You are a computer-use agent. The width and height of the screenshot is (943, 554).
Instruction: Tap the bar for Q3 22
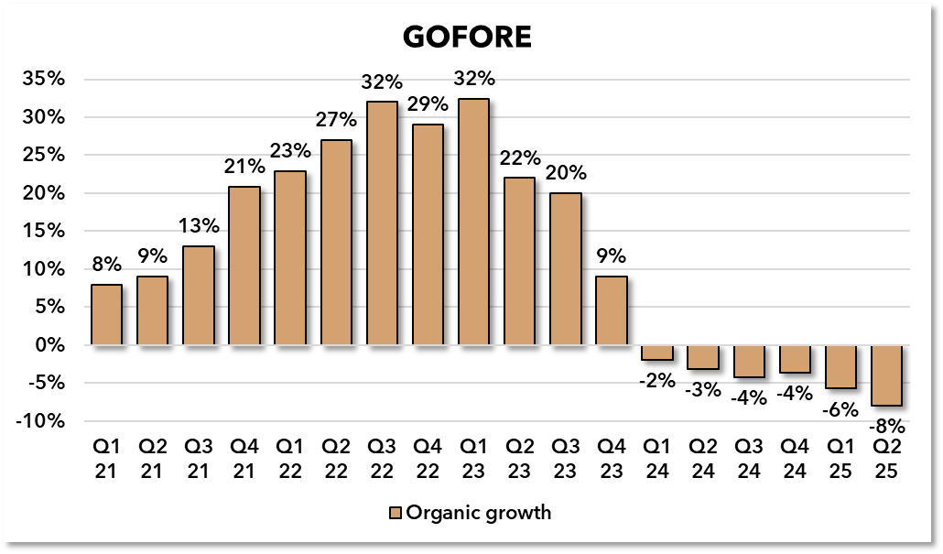tap(382, 223)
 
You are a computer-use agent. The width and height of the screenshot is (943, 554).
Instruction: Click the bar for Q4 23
tap(612, 311)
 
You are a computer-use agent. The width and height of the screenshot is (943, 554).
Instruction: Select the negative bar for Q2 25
tap(887, 375)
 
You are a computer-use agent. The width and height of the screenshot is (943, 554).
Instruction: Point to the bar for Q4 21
tap(244, 266)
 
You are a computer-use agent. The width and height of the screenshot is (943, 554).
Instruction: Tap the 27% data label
tap(336, 121)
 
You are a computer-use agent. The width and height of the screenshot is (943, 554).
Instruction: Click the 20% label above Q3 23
tap(566, 173)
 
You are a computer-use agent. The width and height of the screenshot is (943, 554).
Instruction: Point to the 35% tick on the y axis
tap(44, 80)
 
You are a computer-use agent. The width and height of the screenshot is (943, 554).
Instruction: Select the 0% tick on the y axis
tap(50, 345)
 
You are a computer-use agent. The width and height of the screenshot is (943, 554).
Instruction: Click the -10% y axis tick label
tap(40, 421)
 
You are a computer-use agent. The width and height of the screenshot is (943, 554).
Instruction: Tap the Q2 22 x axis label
tap(336, 460)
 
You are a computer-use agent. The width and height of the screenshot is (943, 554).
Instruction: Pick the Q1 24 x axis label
tap(657, 460)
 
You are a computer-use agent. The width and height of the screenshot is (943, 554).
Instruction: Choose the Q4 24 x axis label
tap(796, 460)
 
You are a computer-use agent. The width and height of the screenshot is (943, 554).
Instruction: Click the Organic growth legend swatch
tap(396, 513)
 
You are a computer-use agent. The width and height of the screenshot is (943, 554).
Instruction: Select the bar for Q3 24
tap(749, 362)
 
